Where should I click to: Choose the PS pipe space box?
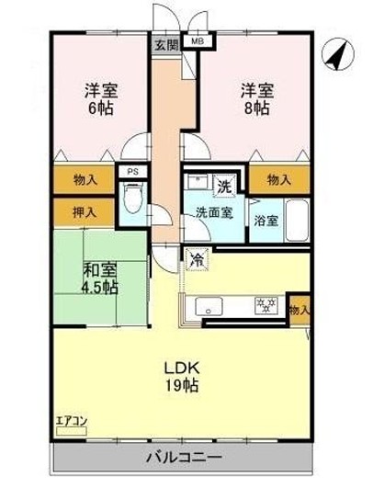[x=131, y=171]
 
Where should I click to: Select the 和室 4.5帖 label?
[x=97, y=278]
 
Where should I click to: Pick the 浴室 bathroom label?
[x=266, y=221]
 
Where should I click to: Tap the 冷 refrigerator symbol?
[x=196, y=259]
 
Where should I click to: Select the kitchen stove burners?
[x=266, y=305]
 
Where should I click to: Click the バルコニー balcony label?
[x=183, y=457]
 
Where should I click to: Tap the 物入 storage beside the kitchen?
[x=300, y=311]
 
